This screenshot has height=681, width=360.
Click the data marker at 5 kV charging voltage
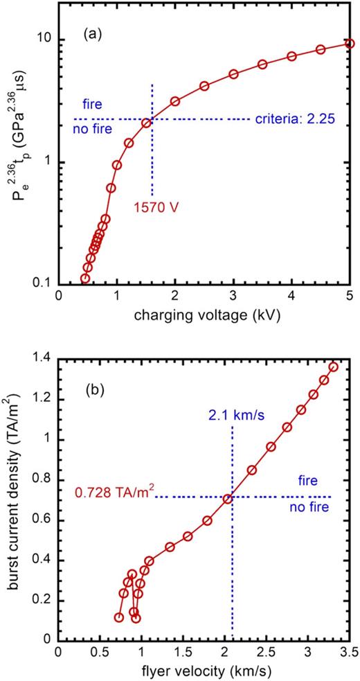click(x=350, y=44)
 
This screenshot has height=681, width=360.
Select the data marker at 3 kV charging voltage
click(x=233, y=74)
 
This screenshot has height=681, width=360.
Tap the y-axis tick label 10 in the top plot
click(x=44, y=39)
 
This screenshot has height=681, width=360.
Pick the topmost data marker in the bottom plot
click(x=333, y=366)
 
